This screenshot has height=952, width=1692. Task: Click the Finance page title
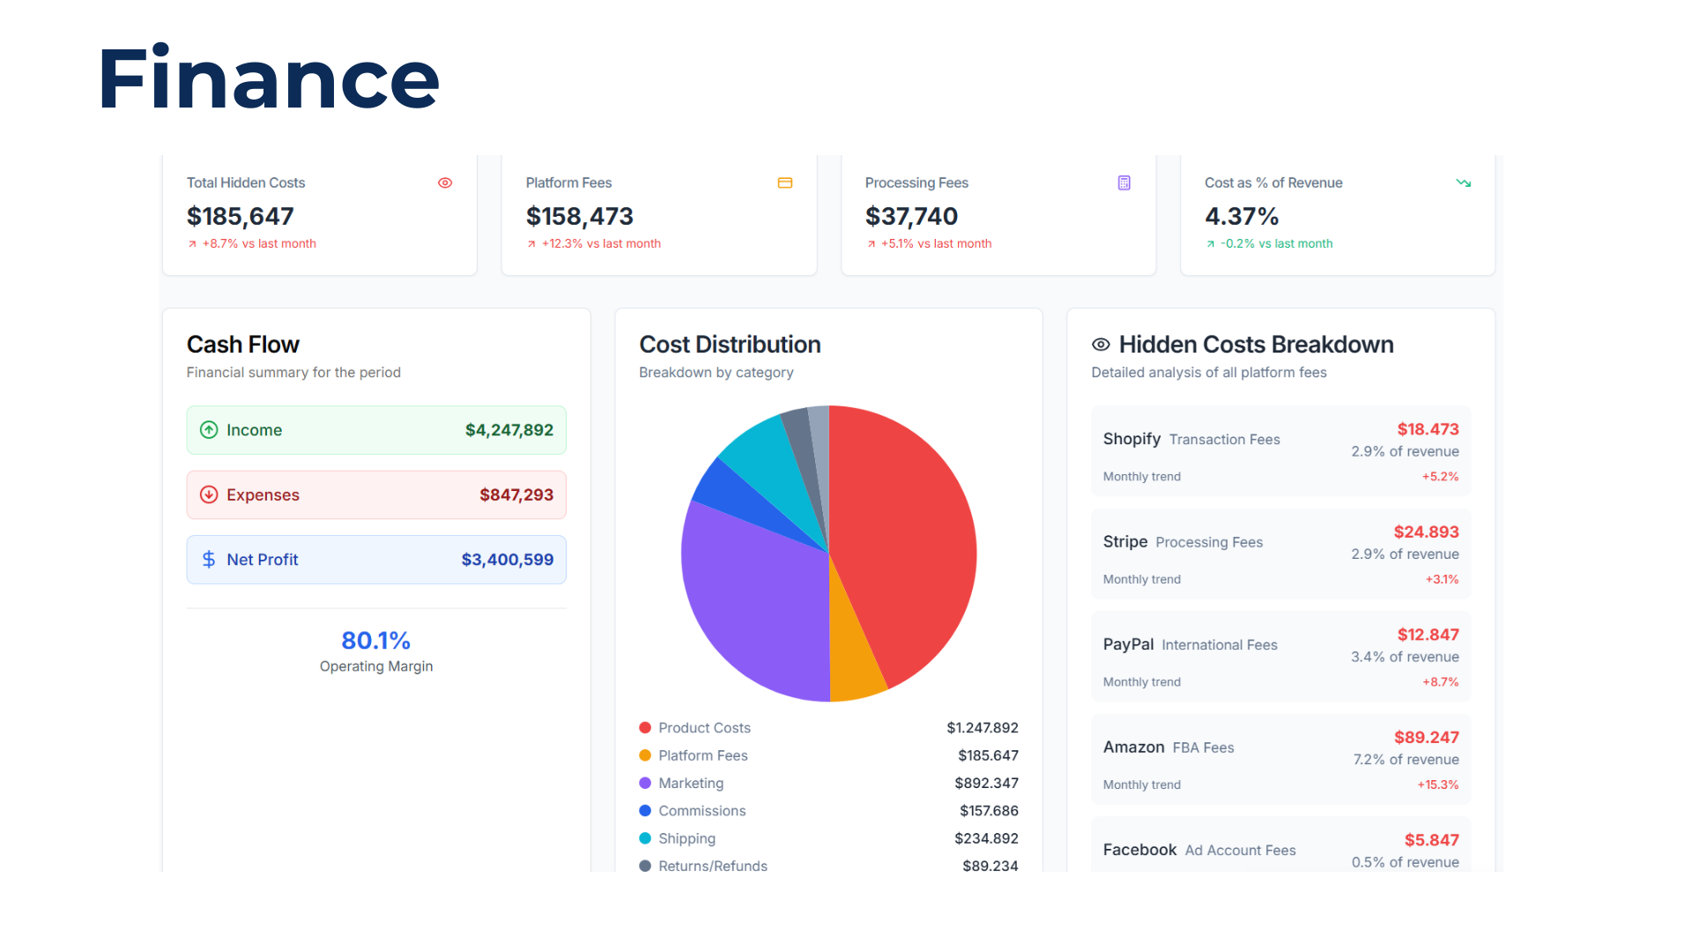(269, 79)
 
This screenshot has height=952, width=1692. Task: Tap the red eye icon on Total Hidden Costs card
(445, 182)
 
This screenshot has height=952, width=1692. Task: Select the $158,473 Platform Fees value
(579, 216)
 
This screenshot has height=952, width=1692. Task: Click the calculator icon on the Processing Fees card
(1124, 182)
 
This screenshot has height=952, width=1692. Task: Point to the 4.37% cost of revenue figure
(1241, 216)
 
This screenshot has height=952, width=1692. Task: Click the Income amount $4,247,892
(508, 430)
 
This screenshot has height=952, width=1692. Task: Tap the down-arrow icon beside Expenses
(209, 495)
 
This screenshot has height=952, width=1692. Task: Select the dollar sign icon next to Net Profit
(209, 560)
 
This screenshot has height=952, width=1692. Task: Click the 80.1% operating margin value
(375, 640)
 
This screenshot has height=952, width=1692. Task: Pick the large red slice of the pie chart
(908, 538)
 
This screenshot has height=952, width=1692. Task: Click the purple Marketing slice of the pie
(749, 599)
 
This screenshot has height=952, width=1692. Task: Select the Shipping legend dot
(645, 838)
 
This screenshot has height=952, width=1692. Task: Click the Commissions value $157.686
(988, 811)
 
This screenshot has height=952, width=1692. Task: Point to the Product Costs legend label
(704, 728)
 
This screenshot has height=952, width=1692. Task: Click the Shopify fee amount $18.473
(1427, 429)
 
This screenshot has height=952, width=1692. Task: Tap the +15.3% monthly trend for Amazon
(1437, 785)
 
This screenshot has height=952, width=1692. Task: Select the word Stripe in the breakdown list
(1124, 541)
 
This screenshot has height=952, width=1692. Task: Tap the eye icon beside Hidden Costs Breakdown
(1101, 345)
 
